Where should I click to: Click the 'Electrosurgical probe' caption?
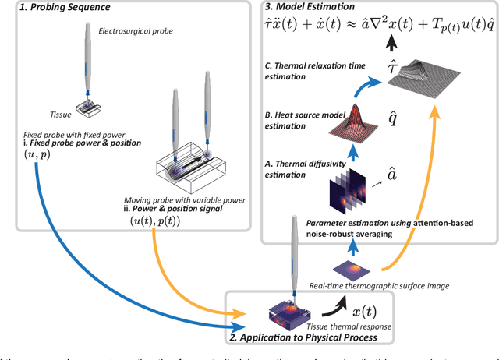pos(135,31)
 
